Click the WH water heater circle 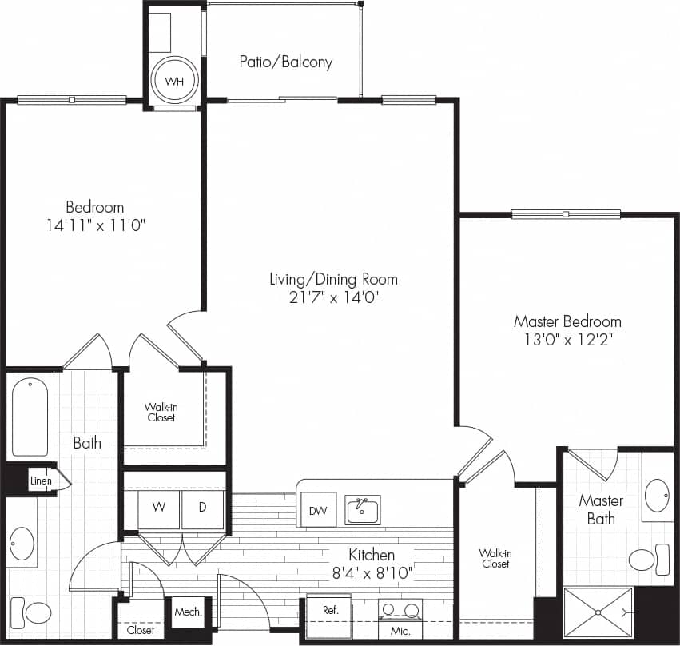pyautogui.click(x=175, y=81)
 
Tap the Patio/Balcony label pyautogui.click(x=285, y=62)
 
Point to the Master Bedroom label pyautogui.click(x=567, y=321)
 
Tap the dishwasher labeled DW pyautogui.click(x=317, y=511)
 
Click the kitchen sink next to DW pyautogui.click(x=362, y=510)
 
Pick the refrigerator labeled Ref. pyautogui.click(x=330, y=616)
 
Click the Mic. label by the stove pyautogui.click(x=401, y=632)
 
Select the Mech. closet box pyautogui.click(x=189, y=613)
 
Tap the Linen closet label pyautogui.click(x=41, y=481)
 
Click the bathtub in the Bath pyautogui.click(x=30, y=417)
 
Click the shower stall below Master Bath pyautogui.click(x=598, y=612)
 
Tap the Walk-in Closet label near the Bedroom pyautogui.click(x=161, y=412)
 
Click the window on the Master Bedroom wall pyautogui.click(x=566, y=214)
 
